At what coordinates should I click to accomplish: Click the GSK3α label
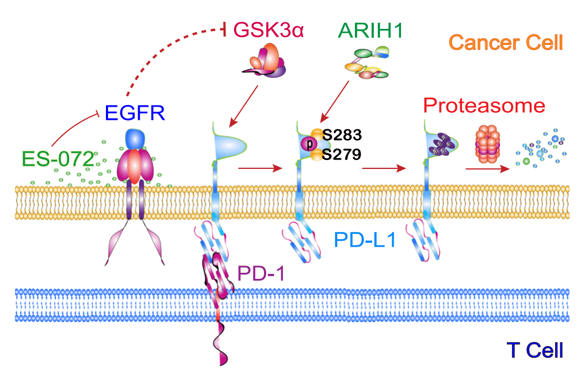268,29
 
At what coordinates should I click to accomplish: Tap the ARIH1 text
370,30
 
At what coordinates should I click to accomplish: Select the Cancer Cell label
506,43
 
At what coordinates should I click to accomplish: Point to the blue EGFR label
135,113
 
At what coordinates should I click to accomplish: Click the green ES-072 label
58,159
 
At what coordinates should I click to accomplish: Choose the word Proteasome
484,106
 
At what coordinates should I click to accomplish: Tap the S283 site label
342,134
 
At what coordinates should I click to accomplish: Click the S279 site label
342,154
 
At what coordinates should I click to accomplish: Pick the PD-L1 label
365,239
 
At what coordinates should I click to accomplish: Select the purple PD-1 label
261,273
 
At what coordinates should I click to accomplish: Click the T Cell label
535,350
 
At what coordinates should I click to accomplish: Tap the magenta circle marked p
309,144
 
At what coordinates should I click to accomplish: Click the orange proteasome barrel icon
488,144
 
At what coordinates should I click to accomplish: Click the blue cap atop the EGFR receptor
135,139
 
